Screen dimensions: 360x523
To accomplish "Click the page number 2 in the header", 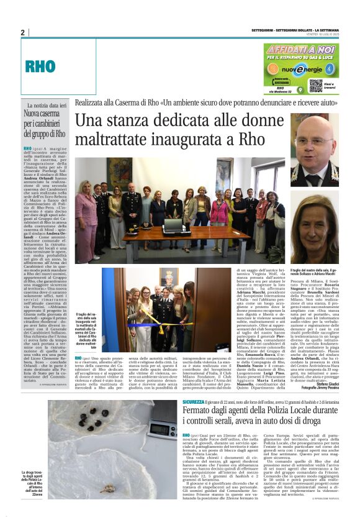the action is tap(22, 32).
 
